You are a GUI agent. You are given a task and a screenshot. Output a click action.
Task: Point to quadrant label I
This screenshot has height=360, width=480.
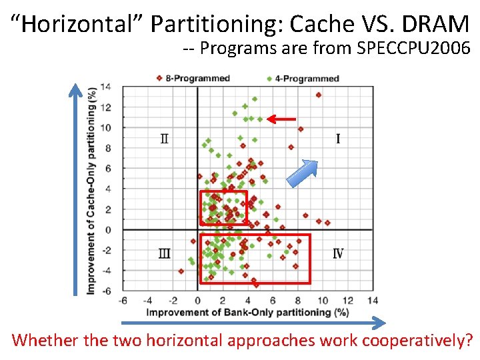(338, 139)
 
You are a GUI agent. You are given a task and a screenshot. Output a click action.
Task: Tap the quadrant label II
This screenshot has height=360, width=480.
(165, 139)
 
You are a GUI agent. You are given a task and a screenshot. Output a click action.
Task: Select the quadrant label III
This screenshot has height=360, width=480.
(165, 253)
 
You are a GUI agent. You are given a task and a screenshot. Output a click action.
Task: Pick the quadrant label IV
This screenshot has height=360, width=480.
(338, 253)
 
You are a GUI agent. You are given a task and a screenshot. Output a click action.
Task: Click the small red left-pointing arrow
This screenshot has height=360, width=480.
(281, 119)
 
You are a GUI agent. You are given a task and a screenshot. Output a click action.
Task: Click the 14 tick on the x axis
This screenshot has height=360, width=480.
(372, 301)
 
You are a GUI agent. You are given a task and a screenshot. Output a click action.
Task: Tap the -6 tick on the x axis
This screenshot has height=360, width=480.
(123, 301)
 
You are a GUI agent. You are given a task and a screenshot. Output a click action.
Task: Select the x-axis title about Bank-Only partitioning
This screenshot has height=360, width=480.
(247, 312)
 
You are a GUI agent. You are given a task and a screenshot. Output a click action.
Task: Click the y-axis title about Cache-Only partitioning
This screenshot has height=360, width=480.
(91, 190)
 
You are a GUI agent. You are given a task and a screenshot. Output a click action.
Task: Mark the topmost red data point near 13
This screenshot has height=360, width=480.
(319, 95)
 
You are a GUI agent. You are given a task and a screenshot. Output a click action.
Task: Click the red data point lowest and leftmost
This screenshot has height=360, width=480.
(181, 271)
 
